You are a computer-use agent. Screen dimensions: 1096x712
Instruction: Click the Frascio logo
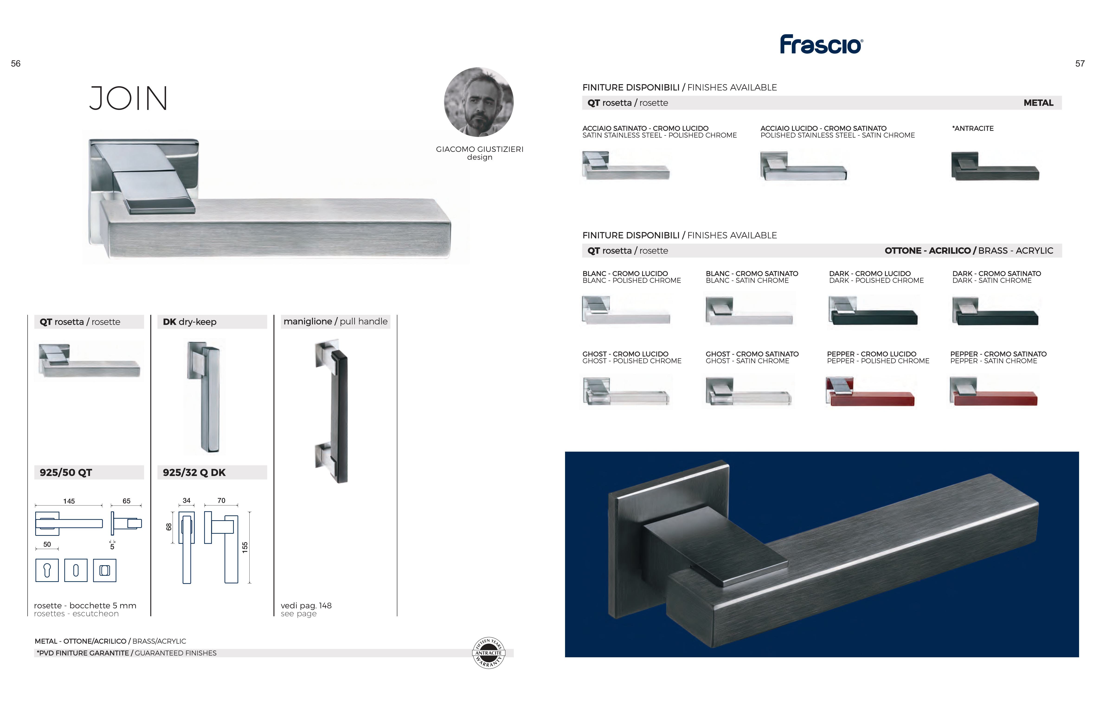coord(821,45)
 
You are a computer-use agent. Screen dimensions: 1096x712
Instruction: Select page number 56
coord(16,64)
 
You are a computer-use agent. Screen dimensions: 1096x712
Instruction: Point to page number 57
coord(1080,64)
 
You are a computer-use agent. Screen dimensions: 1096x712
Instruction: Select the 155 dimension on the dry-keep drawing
coord(245,547)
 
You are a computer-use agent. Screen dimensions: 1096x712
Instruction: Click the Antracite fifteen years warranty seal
coord(489,653)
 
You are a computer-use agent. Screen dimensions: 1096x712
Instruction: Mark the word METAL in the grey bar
coord(1038,103)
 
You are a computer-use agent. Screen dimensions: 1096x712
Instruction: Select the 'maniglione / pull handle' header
coord(336,321)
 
